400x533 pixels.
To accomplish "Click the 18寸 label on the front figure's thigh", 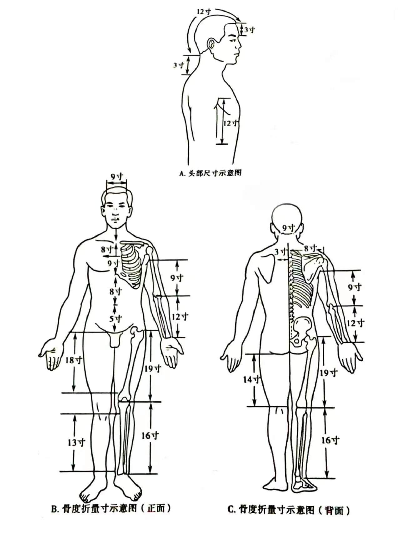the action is [74, 360].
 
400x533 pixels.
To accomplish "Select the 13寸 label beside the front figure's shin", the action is [76, 442].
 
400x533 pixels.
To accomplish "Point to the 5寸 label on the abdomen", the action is [116, 319].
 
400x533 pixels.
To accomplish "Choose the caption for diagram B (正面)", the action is [111, 509].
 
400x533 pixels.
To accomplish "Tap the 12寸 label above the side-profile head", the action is [204, 12].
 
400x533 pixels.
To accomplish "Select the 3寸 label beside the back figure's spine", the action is [281, 251].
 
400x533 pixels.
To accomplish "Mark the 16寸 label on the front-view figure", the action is [150, 435].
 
